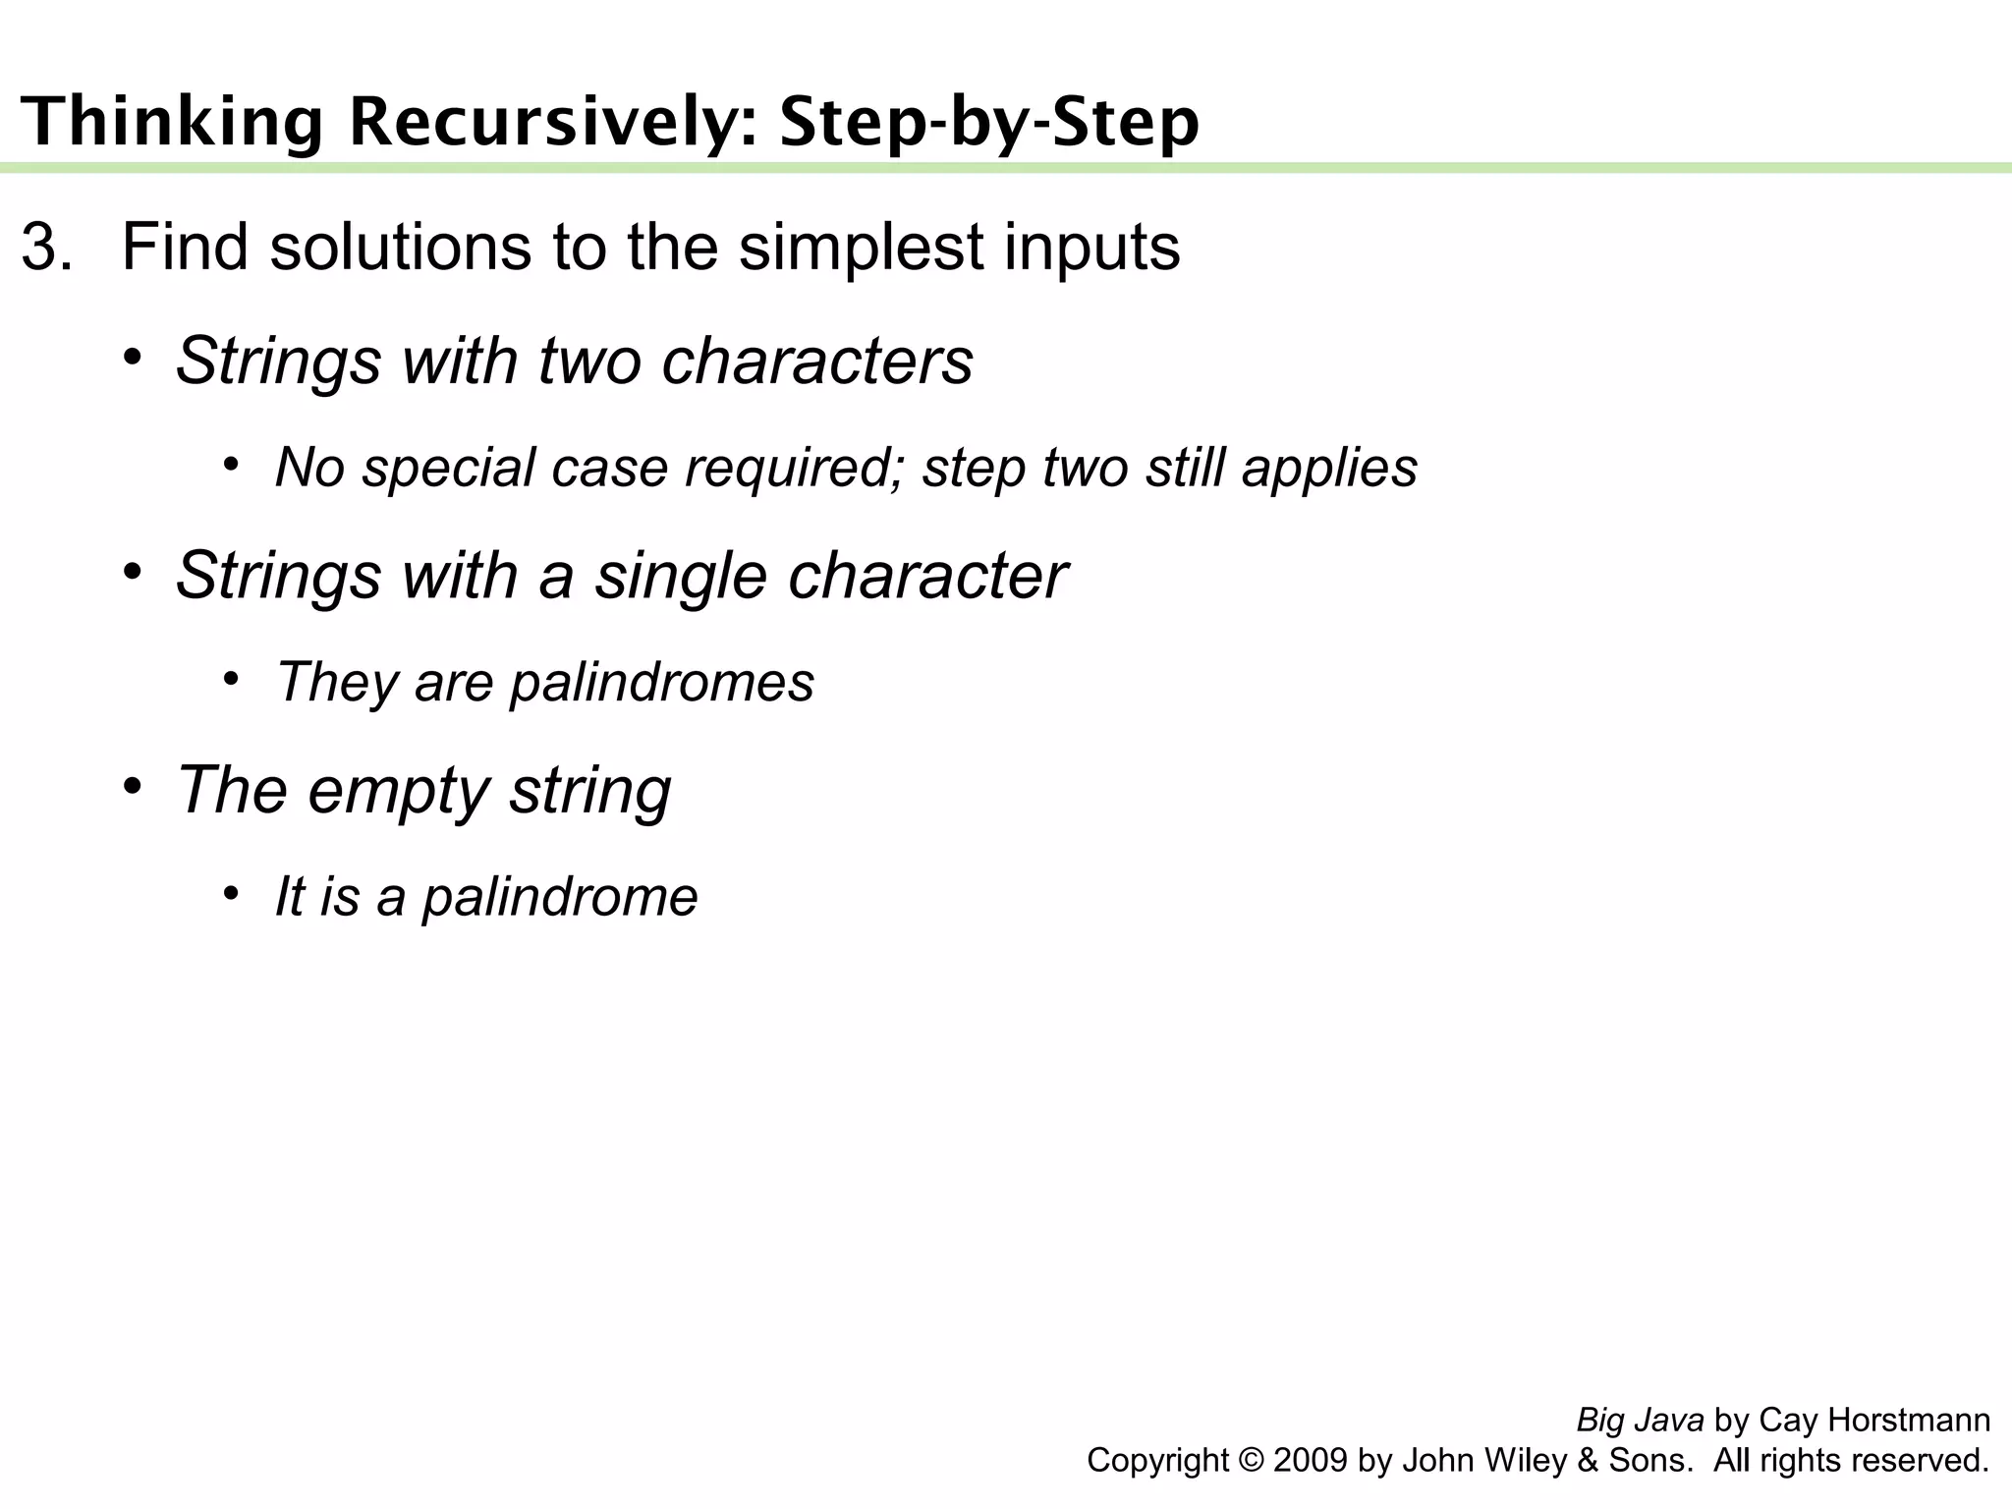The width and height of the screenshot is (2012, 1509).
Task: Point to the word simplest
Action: point(861,247)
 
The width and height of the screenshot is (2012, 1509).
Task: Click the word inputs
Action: point(1091,247)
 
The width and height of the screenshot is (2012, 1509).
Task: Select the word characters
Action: point(817,361)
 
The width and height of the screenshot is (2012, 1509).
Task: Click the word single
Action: point(682,575)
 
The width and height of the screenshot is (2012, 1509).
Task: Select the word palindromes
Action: point(662,682)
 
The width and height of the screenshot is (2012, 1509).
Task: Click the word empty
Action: point(399,790)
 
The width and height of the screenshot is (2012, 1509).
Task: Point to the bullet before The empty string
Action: point(133,785)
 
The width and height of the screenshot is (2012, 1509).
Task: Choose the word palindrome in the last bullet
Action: point(560,897)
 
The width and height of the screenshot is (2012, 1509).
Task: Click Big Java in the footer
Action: point(1640,1420)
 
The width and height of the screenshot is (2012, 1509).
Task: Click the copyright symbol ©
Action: point(1252,1460)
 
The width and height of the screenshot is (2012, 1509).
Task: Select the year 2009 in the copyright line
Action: point(1311,1460)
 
